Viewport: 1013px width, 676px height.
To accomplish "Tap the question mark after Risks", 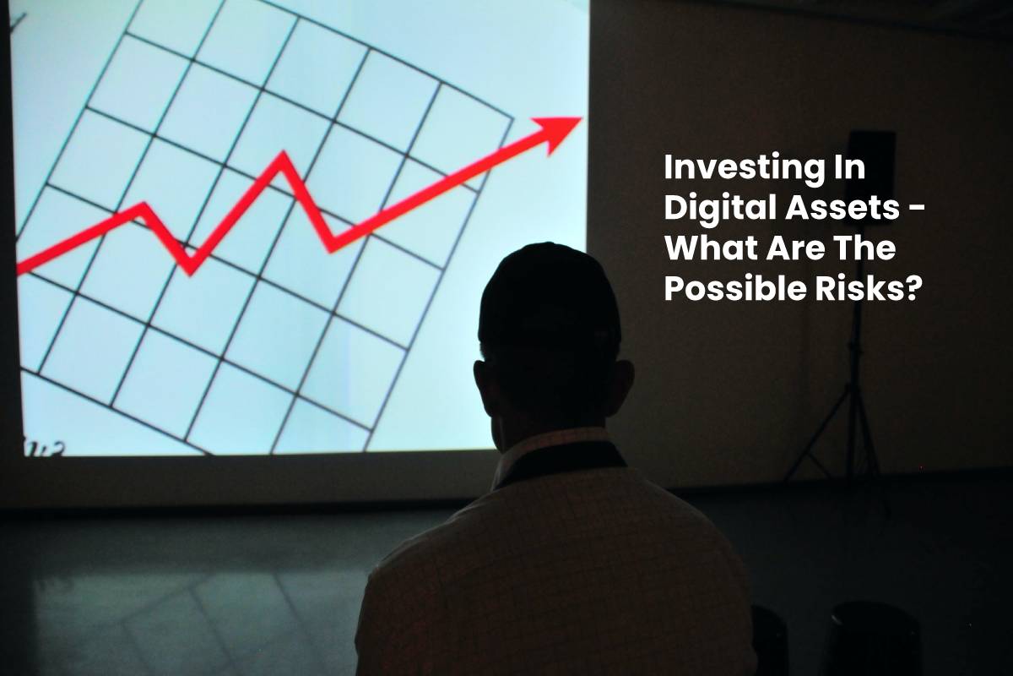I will point(910,290).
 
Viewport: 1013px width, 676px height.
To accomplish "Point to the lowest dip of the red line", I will point(191,265).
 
